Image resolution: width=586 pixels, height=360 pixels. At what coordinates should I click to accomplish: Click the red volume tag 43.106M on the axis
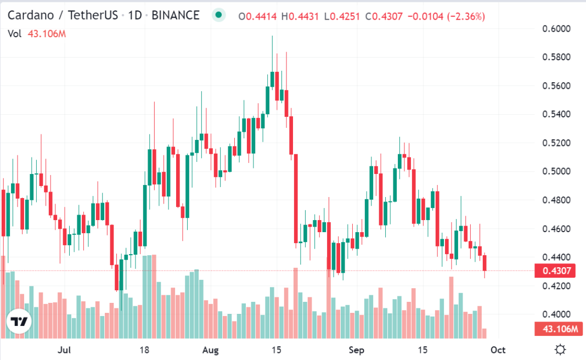coord(557,329)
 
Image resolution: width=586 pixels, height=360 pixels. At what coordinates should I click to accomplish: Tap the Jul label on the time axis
coord(65,350)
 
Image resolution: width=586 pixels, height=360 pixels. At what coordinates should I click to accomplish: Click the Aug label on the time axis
coord(210,350)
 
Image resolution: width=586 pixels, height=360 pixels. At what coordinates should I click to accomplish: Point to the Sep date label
coord(357,350)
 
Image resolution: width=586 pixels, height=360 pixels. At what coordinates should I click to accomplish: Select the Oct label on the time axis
coord(498,350)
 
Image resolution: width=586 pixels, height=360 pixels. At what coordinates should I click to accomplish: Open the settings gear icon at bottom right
coord(560,349)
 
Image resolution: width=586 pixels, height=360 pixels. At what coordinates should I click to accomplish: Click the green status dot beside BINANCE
coord(219,15)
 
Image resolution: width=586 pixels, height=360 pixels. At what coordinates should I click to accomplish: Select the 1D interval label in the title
coord(135,15)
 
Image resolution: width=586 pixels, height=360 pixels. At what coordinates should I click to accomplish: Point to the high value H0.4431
coord(300,17)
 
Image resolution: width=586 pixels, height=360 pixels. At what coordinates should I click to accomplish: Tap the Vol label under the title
coord(14,34)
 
